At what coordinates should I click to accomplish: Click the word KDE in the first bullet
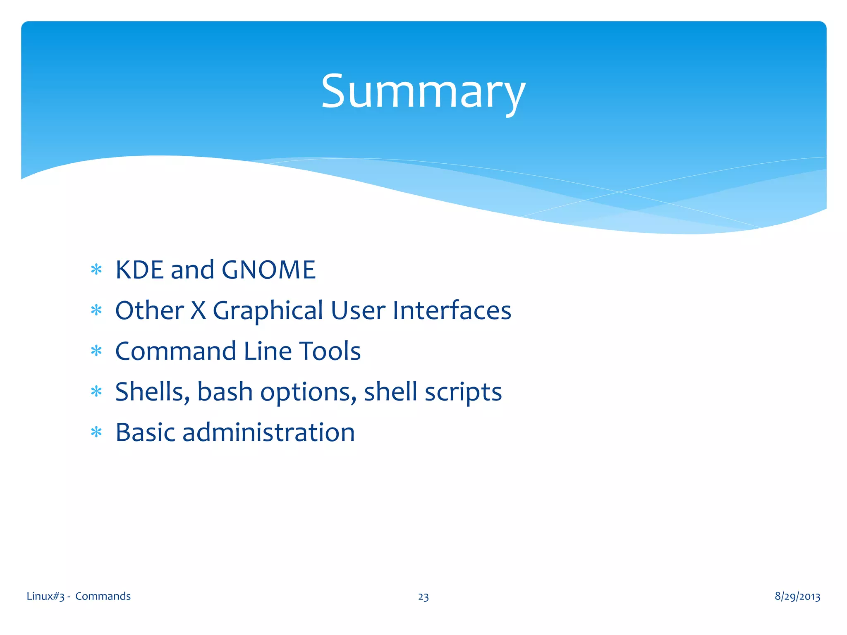pyautogui.click(x=139, y=270)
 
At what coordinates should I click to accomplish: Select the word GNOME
pyautogui.click(x=268, y=270)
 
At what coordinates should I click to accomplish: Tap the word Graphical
pyautogui.click(x=268, y=311)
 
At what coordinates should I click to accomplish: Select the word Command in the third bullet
pyautogui.click(x=176, y=351)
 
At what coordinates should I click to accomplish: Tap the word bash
pyautogui.click(x=225, y=392)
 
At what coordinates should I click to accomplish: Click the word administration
pyautogui.click(x=268, y=432)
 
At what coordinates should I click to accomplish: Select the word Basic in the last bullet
pyautogui.click(x=145, y=432)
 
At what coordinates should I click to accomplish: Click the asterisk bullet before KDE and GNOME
pyautogui.click(x=96, y=270)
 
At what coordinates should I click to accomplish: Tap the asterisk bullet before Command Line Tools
pyautogui.click(x=96, y=351)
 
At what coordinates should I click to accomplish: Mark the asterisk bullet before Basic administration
pyautogui.click(x=96, y=432)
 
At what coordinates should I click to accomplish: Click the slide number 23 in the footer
pyautogui.click(x=423, y=597)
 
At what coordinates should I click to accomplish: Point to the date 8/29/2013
pyautogui.click(x=797, y=596)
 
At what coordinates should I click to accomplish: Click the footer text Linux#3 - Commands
pyautogui.click(x=79, y=596)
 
